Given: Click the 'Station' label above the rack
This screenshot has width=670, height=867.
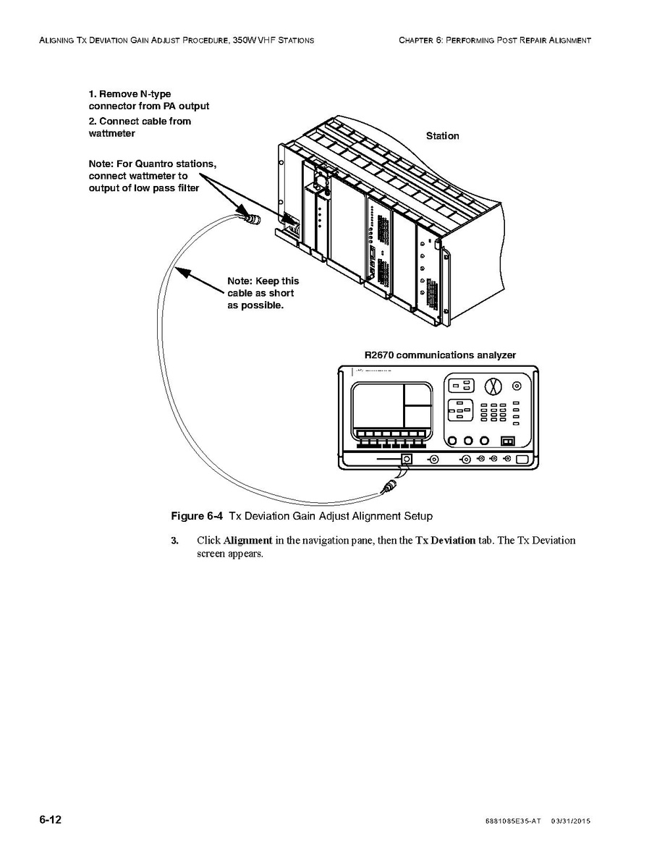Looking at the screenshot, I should coord(442,136).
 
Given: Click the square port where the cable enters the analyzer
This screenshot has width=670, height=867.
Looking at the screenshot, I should coord(407,459).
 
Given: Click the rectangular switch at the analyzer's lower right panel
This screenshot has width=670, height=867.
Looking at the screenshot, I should coord(508,440).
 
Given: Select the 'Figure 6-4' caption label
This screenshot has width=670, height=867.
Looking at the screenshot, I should coord(196,516).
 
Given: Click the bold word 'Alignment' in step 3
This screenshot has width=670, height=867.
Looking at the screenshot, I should coord(247,541).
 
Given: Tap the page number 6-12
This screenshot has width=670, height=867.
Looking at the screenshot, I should coord(51,820).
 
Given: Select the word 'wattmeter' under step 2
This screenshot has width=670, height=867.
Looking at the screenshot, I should coord(111,134).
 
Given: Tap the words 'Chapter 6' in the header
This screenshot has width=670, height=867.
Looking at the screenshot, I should coord(419,40).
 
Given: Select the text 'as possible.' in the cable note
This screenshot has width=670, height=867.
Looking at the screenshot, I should coord(256,305).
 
